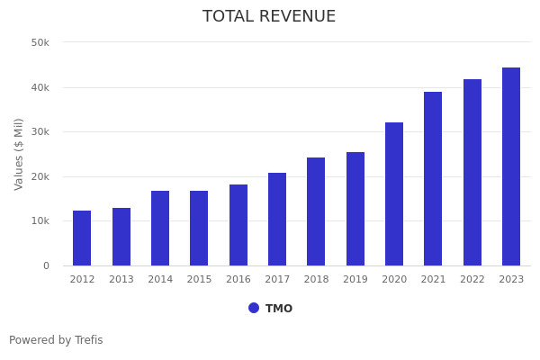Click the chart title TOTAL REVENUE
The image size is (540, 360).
tap(269, 17)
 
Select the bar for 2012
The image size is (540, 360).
tap(82, 238)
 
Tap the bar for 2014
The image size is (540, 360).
tap(160, 229)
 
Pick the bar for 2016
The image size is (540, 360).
tap(238, 225)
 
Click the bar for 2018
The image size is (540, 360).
tap(316, 211)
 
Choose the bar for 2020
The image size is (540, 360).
tap(394, 194)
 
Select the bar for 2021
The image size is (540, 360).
tap(433, 179)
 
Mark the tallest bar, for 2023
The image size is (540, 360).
tap(511, 166)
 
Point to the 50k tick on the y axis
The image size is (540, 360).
tap(40, 42)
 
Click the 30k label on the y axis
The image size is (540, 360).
tap(40, 131)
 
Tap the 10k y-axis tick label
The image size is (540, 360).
tap(40, 221)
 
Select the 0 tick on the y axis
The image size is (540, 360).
tap(45, 265)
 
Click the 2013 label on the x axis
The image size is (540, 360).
tap(121, 280)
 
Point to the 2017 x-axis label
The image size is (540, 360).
tap(277, 280)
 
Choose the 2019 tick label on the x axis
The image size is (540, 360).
tap(355, 280)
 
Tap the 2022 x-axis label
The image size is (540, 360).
tap(472, 280)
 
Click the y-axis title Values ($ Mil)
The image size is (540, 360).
tap(19, 154)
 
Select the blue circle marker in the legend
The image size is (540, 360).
tap(254, 308)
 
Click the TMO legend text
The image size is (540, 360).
tap(279, 309)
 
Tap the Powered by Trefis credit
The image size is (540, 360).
tap(56, 340)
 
